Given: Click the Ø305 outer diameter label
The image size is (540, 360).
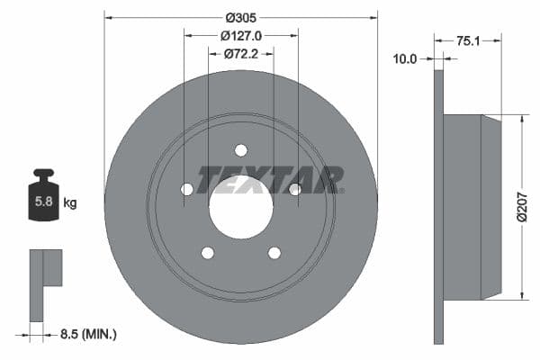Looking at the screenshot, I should pyautogui.click(x=240, y=16).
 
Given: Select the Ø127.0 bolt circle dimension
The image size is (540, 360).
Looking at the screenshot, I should pyautogui.click(x=240, y=36).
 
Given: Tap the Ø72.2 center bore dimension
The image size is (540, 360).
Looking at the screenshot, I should pyautogui.click(x=240, y=54).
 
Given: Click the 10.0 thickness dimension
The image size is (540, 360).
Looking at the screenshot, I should pyautogui.click(x=407, y=58).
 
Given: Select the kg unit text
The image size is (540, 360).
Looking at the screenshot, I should pyautogui.click(x=69, y=203).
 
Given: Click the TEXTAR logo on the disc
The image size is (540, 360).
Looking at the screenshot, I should pyautogui.click(x=270, y=180).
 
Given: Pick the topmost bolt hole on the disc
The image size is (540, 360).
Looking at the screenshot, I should pyautogui.click(x=240, y=150).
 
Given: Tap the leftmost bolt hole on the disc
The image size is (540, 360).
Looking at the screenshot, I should pyautogui.click(x=187, y=189).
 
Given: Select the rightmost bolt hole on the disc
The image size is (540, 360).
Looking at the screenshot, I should pyautogui.click(x=294, y=189).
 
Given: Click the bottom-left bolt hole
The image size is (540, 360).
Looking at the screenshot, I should pyautogui.click(x=207, y=252).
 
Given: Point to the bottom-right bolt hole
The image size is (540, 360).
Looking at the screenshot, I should pyautogui.click(x=274, y=252).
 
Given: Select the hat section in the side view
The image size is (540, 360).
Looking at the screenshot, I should pyautogui.click(x=472, y=207).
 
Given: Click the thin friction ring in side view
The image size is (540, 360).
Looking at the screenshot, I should pyautogui.click(x=439, y=207).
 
